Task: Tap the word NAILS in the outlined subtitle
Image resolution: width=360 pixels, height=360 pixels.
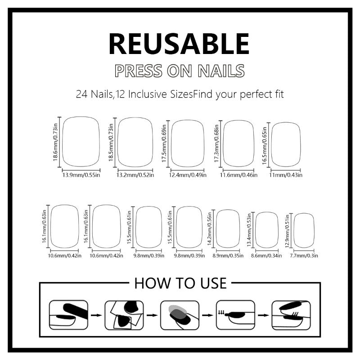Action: click(220, 71)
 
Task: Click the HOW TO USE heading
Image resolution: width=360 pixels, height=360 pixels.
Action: click(180, 283)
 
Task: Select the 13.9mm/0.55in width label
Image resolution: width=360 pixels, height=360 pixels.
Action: click(81, 175)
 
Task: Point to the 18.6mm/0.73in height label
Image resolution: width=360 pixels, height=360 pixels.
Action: click(56, 143)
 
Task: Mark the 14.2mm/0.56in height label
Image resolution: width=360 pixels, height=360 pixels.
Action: click(210, 229)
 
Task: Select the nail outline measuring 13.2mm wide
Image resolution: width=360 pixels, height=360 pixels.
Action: click(135, 143)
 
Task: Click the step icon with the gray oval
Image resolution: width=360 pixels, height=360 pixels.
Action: click(179, 314)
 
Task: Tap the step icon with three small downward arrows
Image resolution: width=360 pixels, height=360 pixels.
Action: click(234, 314)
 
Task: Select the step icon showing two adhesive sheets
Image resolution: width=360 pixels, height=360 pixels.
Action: click(124, 314)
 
